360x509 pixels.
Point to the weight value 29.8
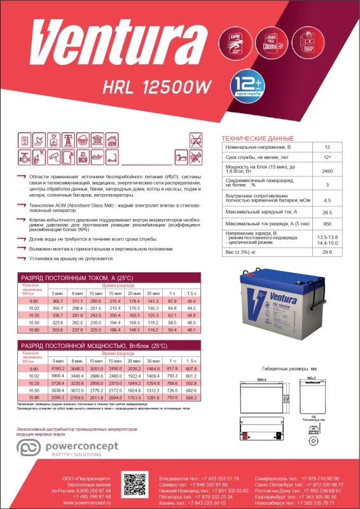327,253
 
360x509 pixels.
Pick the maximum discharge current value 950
327,224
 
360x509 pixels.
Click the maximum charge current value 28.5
327,212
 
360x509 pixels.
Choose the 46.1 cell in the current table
192,330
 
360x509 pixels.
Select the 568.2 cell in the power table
192,398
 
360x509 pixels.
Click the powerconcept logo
70,450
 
